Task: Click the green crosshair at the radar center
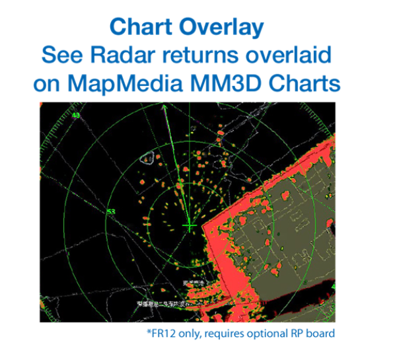pos(190,227)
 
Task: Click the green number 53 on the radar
pos(111,211)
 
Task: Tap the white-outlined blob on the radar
pos(148,159)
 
